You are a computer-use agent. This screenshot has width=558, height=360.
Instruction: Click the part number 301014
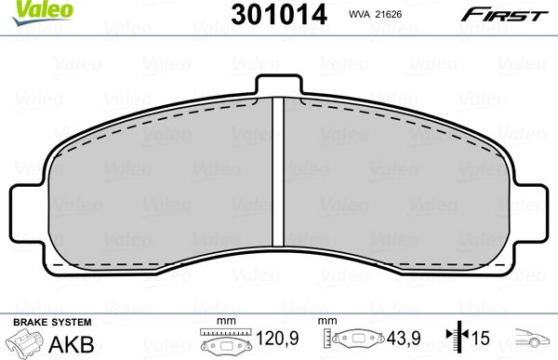click(x=279, y=15)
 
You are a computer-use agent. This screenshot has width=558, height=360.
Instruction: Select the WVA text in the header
click(x=358, y=14)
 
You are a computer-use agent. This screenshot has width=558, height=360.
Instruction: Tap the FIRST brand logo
click(x=505, y=15)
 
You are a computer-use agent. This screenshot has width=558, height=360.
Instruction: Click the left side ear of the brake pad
click(x=28, y=213)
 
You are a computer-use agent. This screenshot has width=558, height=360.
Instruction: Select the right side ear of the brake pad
click(x=529, y=213)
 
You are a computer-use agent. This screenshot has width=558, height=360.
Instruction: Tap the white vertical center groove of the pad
click(x=278, y=172)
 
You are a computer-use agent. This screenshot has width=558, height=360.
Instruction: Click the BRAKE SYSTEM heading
click(x=52, y=322)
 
